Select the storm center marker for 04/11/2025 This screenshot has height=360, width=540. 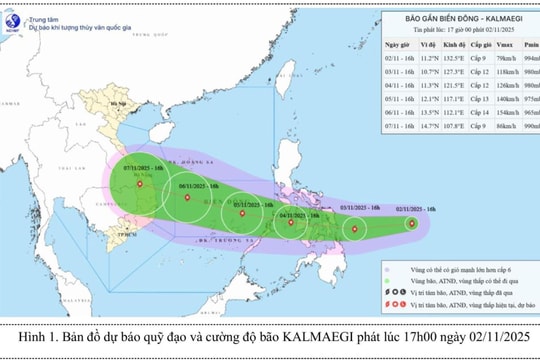point(292,223)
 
